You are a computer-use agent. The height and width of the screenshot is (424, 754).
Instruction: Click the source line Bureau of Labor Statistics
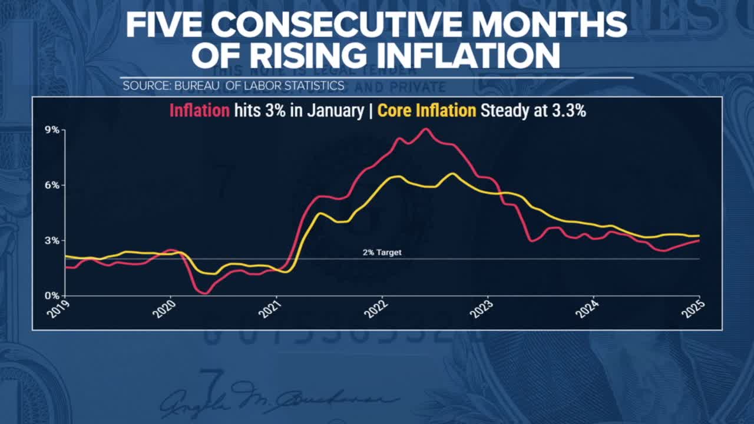pyautogui.click(x=233, y=85)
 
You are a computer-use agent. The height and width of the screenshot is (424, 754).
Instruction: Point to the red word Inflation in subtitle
pyautogui.click(x=199, y=111)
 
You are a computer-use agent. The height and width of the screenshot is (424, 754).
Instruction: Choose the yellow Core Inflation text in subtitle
pyautogui.click(x=426, y=111)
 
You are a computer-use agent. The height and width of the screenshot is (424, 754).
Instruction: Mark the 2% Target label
pyautogui.click(x=382, y=253)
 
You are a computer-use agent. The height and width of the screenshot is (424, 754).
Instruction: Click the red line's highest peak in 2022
pyautogui.click(x=426, y=129)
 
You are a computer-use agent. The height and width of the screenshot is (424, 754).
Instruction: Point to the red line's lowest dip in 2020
pyautogui.click(x=204, y=293)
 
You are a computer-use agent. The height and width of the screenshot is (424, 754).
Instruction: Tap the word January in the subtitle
pyautogui.click(x=336, y=111)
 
